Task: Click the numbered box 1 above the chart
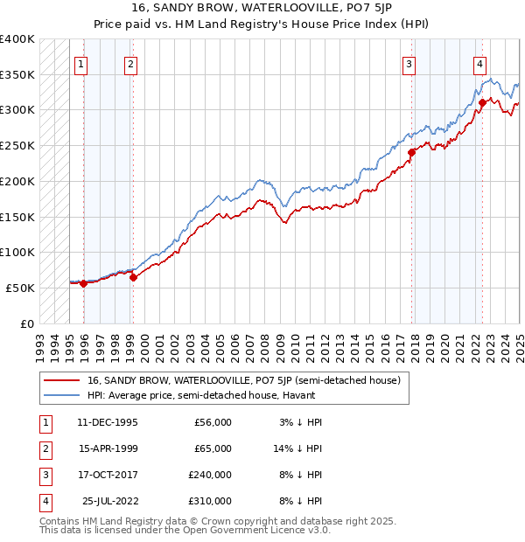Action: (x=80, y=62)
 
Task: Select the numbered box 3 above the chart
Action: (x=409, y=62)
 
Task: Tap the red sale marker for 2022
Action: (x=482, y=103)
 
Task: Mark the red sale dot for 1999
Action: (x=133, y=277)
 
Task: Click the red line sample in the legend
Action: (x=60, y=380)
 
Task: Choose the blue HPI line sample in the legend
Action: (x=60, y=395)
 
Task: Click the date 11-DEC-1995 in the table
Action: (x=108, y=422)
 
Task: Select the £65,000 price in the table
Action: (x=213, y=448)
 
